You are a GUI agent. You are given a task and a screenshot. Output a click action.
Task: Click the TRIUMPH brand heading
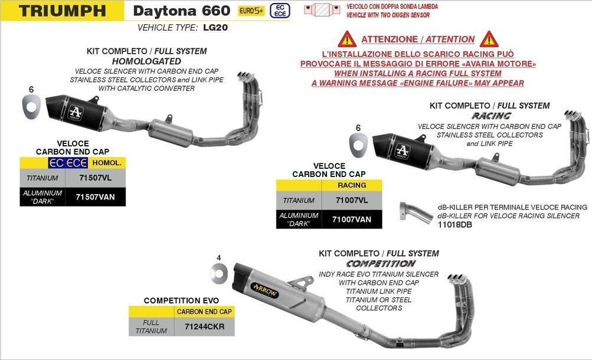63,11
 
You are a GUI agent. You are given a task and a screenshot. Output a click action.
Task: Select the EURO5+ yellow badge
251,11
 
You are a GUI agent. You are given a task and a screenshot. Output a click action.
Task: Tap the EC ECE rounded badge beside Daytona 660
280,11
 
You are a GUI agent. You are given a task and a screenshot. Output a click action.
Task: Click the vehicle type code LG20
215,28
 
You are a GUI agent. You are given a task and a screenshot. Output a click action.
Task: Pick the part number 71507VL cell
96,178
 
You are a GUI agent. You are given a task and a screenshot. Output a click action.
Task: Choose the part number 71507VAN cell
96,197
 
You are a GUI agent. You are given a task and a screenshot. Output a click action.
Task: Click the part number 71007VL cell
352,201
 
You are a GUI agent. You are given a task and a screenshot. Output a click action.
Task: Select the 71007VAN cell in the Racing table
352,219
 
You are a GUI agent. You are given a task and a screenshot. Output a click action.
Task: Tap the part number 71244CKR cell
204,327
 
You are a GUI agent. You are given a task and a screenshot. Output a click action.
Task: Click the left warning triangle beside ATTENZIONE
347,39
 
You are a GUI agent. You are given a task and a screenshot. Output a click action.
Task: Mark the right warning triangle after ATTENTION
489,39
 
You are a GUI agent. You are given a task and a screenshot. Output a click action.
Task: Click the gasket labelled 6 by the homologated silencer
31,106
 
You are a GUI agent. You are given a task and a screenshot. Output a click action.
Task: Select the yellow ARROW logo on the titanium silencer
264,290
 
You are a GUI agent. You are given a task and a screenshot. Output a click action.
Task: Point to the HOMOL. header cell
107,163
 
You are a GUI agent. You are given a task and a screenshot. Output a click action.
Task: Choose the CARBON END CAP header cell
204,312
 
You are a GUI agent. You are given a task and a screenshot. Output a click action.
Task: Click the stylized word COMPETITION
381,264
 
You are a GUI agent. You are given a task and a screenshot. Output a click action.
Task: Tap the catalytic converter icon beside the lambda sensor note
322,10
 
